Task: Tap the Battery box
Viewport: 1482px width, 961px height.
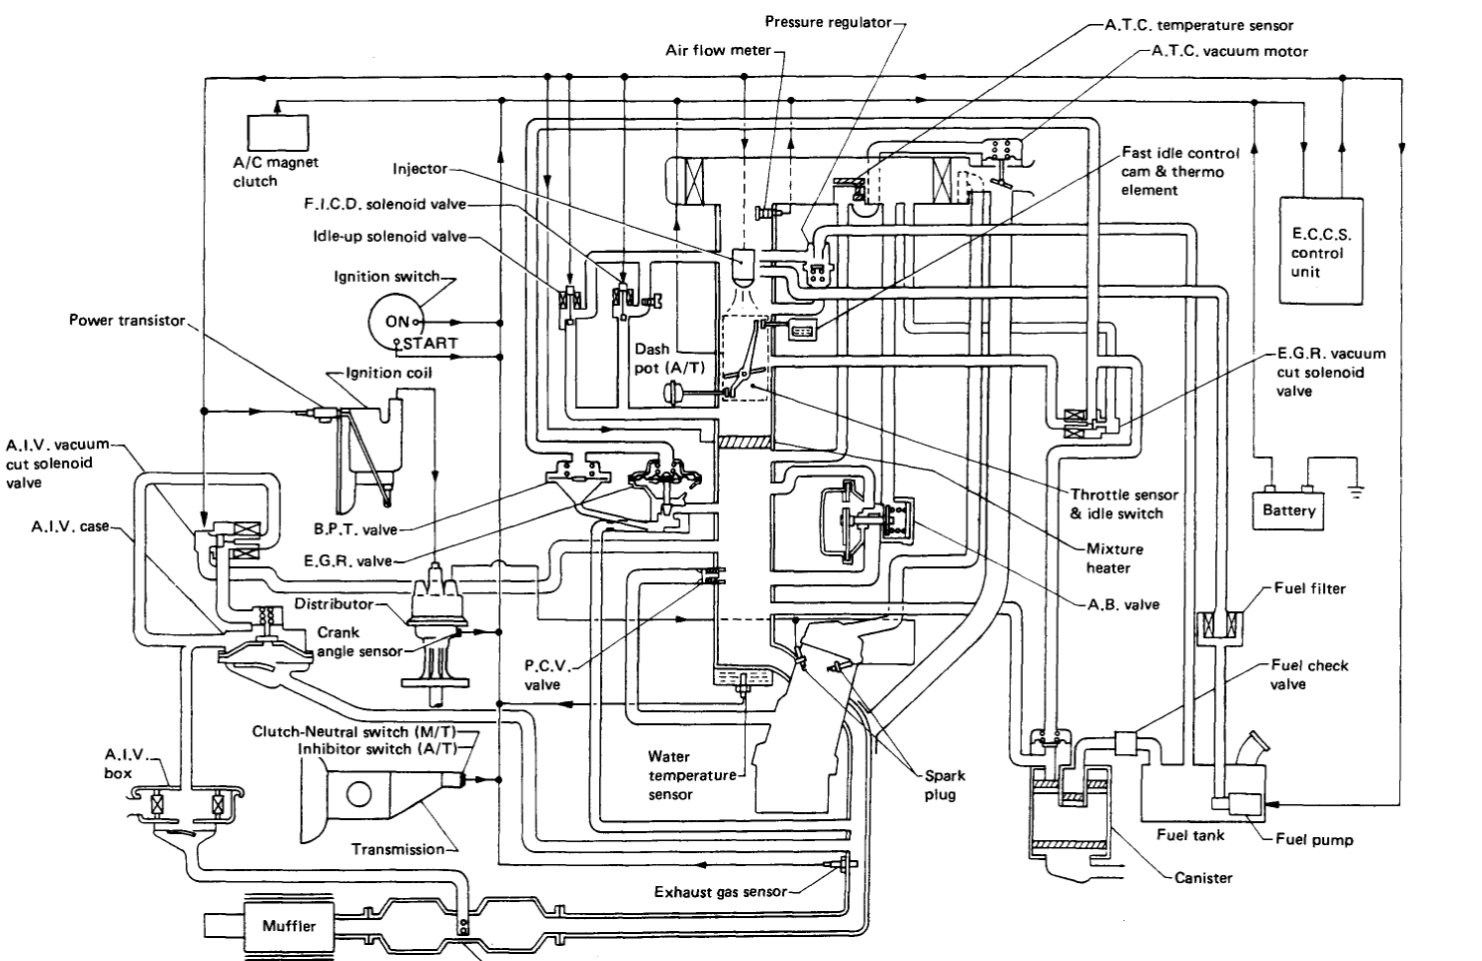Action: (x=1288, y=509)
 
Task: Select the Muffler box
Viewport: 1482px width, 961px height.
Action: (x=289, y=926)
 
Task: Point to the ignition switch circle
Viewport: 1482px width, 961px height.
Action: (x=397, y=321)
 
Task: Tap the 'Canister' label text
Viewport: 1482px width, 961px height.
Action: (x=1203, y=877)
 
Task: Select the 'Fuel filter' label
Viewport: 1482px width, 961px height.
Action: (x=1309, y=588)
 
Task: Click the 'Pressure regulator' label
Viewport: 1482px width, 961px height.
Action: (x=828, y=22)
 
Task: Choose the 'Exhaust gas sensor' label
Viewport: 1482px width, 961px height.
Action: (x=720, y=892)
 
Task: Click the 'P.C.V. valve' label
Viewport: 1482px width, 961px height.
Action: (x=542, y=675)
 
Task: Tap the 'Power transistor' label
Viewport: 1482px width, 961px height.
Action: (x=127, y=321)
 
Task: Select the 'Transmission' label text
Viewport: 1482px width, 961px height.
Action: (x=397, y=849)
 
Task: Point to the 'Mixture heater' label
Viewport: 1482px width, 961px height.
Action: (x=1114, y=558)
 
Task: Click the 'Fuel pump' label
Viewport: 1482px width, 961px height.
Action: (x=1314, y=839)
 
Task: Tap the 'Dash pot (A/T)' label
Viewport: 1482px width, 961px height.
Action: (x=669, y=359)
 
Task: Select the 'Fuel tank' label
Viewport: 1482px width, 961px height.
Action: (x=1189, y=834)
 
